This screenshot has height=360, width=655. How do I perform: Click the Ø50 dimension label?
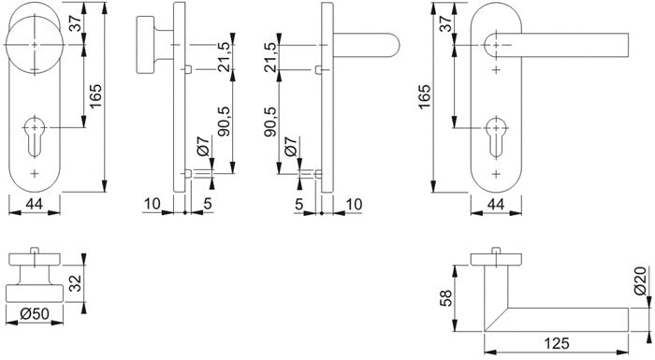point(35,313)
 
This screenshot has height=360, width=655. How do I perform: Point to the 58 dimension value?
point(446,298)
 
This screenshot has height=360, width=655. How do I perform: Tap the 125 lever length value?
point(557,343)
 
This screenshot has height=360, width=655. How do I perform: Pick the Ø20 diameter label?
point(640,281)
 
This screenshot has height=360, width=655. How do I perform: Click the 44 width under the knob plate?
point(35,204)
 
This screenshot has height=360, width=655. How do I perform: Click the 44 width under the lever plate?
point(496,204)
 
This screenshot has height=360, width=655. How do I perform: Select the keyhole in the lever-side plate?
point(496,136)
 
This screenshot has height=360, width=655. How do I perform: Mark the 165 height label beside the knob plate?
point(96,96)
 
